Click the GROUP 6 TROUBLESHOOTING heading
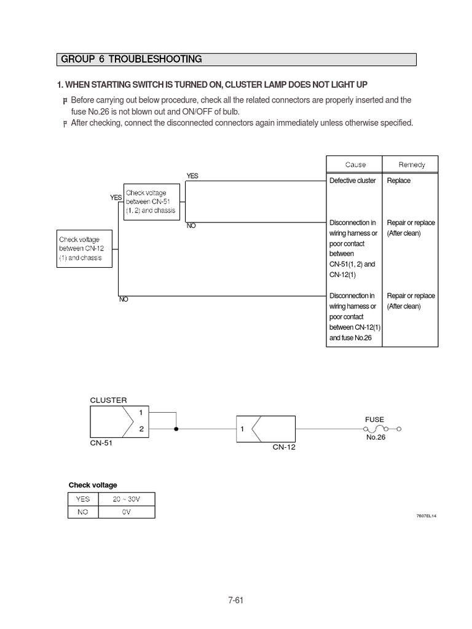[131, 60]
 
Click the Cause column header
[355, 165]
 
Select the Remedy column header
[411, 165]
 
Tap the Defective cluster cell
[352, 181]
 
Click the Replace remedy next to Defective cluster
[398, 181]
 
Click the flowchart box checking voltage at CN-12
[84, 248]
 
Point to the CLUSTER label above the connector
[108, 400]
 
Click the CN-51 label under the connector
[101, 441]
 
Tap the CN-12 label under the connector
[284, 447]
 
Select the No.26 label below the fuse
[375, 437]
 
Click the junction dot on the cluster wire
[177, 429]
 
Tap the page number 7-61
[235, 601]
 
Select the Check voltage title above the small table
[92, 485]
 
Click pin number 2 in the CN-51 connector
[141, 429]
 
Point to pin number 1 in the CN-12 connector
[243, 429]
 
